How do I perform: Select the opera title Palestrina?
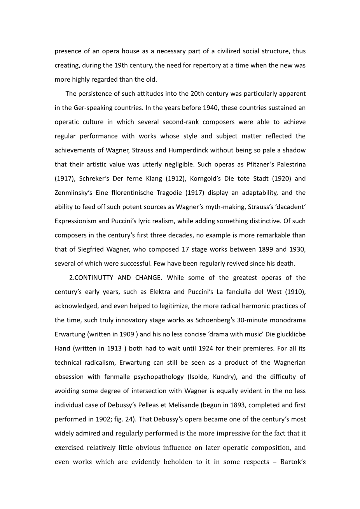[x=287, y=164]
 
